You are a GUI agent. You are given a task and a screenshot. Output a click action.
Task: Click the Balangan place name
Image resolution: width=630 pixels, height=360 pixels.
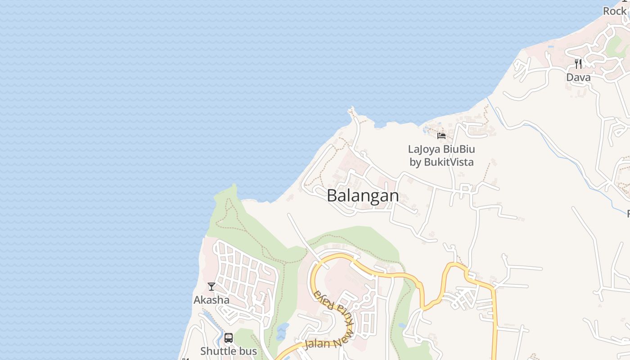[363, 196]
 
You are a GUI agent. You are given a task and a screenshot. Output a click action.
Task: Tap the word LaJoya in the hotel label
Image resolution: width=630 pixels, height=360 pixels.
[424, 149]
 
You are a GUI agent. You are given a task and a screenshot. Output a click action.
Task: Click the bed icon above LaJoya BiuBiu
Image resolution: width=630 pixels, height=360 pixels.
[441, 135]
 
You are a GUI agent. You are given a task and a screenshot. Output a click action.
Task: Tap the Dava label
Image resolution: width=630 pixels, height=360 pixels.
[578, 77]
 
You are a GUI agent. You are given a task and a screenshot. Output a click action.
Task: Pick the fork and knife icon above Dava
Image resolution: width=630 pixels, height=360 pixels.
[578, 63]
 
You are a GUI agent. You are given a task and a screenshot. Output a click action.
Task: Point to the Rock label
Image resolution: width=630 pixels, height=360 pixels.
[615, 11]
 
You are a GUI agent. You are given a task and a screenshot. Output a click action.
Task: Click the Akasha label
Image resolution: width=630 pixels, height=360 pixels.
[211, 300]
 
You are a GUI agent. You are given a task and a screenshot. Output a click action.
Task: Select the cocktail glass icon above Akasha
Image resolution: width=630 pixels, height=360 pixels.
[211, 286]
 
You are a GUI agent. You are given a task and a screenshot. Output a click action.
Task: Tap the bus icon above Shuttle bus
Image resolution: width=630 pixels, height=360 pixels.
[229, 338]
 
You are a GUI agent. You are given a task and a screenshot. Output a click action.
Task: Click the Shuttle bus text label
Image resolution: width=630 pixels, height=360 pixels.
[229, 351]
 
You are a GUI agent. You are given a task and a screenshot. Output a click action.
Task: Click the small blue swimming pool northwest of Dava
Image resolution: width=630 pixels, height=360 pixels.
[550, 46]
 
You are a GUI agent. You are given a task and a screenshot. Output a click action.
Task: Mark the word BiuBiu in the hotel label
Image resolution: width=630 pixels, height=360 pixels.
[459, 149]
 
